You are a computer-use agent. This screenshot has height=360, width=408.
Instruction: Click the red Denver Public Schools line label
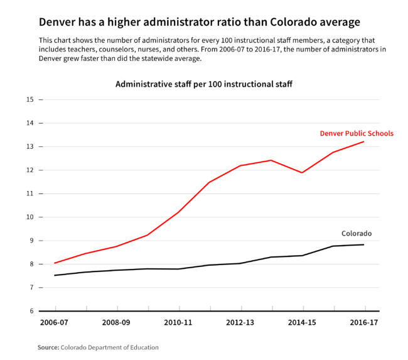click(x=357, y=133)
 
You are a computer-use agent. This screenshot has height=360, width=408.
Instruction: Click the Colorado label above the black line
click(x=357, y=233)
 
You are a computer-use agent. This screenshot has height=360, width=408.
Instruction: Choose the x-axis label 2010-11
click(x=179, y=323)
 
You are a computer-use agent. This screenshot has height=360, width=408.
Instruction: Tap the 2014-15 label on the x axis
click(x=303, y=323)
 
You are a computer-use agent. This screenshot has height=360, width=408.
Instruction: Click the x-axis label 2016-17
click(x=364, y=323)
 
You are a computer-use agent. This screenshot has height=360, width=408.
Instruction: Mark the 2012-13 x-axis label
click(x=241, y=323)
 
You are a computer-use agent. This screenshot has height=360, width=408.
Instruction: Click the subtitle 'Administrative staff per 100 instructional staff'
click(x=204, y=84)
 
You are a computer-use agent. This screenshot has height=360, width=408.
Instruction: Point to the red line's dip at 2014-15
click(x=303, y=172)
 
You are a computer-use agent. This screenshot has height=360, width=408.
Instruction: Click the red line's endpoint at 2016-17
click(x=364, y=141)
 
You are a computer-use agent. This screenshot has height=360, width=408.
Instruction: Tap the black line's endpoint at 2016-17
click(x=364, y=244)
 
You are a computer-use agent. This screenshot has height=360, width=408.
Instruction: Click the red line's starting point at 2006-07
click(x=55, y=263)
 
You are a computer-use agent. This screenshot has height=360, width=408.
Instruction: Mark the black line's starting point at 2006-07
click(x=55, y=275)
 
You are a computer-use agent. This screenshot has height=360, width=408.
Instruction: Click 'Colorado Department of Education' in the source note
click(x=109, y=347)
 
